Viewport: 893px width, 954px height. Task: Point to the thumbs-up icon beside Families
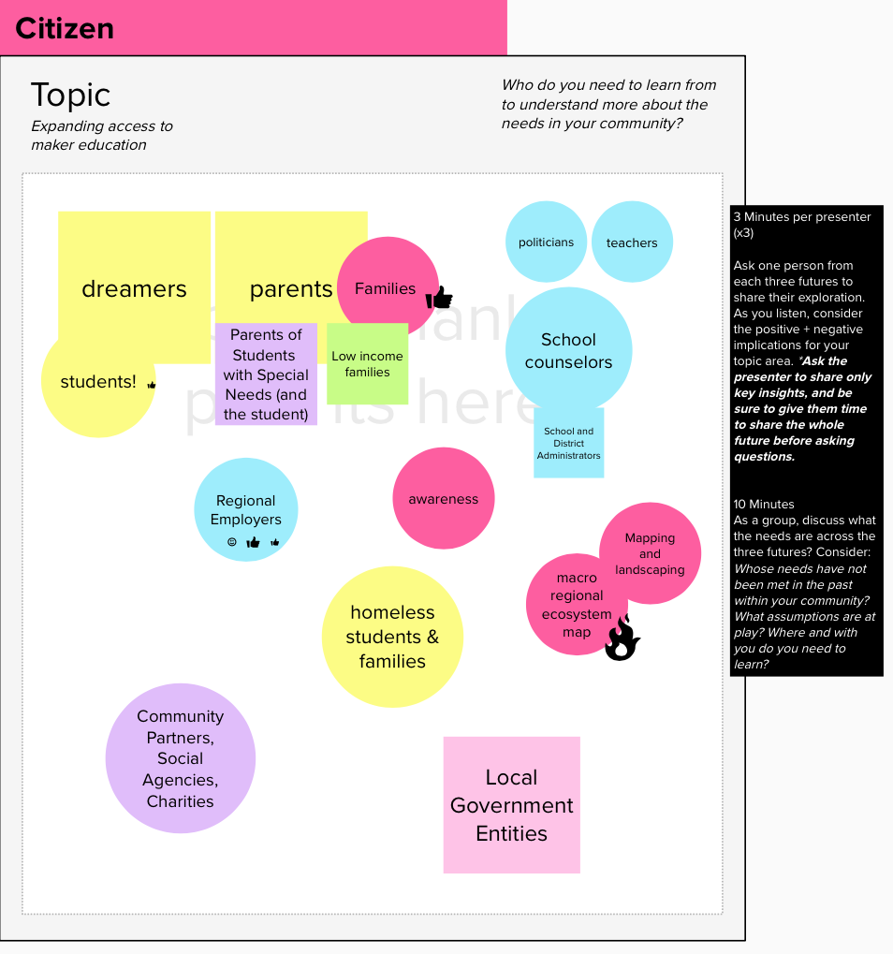coord(439,298)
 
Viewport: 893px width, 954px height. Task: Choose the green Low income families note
coord(367,364)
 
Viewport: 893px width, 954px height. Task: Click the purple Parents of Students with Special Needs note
coord(266,374)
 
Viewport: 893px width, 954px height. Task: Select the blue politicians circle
coord(546,242)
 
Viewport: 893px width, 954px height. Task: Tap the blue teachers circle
coord(632,242)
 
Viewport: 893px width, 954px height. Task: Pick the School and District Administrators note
coord(568,445)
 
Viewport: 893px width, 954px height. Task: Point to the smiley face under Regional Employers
coord(232,542)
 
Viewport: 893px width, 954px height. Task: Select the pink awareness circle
coord(443,499)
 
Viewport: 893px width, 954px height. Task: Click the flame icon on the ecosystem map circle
coord(622,638)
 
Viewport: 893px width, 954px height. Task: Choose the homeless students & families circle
coord(392,637)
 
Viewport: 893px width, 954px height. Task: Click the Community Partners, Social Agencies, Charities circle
coord(180,758)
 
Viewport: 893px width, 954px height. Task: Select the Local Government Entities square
coord(511,805)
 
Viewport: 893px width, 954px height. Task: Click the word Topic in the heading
coord(70,95)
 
